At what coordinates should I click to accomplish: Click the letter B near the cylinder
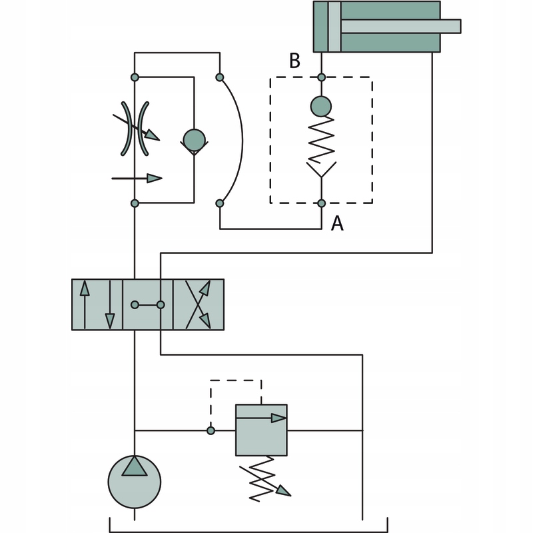[x=294, y=61]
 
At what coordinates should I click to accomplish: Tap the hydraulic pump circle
[x=135, y=482]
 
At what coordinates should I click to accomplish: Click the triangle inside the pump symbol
[x=135, y=466]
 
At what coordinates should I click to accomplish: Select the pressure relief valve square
[x=261, y=430]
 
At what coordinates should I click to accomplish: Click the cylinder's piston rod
[x=400, y=26]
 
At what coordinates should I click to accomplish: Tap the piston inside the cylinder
[x=334, y=27]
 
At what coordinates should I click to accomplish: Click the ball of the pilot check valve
[x=321, y=106]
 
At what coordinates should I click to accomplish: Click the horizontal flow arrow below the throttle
[x=137, y=178]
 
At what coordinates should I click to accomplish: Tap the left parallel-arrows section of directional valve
[x=97, y=304]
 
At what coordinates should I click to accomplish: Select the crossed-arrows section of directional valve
[x=199, y=304]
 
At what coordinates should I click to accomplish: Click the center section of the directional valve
[x=148, y=304]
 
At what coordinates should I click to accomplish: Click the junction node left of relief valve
[x=211, y=430]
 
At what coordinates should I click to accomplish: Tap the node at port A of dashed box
[x=321, y=203]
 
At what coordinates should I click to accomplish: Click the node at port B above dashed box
[x=321, y=77]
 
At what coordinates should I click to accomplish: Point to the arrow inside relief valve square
[x=261, y=418]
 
